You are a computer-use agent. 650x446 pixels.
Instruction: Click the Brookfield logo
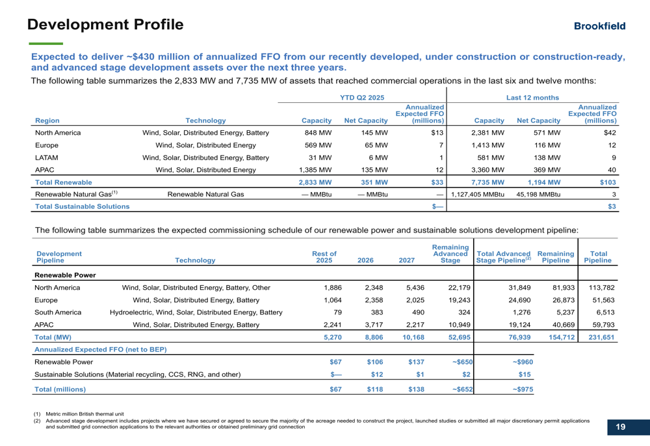[599, 26]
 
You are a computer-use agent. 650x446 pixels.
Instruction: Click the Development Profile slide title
[105, 25]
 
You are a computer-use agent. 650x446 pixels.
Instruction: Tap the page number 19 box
[620, 427]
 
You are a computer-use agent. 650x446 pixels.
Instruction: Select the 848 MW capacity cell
[320, 133]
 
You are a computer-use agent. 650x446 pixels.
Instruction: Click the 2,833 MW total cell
[317, 182]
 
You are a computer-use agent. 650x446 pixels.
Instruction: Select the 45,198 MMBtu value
[538, 195]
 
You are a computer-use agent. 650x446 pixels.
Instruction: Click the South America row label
[58, 313]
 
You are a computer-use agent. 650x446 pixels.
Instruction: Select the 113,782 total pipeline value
[600, 288]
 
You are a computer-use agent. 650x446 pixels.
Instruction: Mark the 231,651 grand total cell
[600, 337]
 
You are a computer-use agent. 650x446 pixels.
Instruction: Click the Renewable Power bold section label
[65, 275]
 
